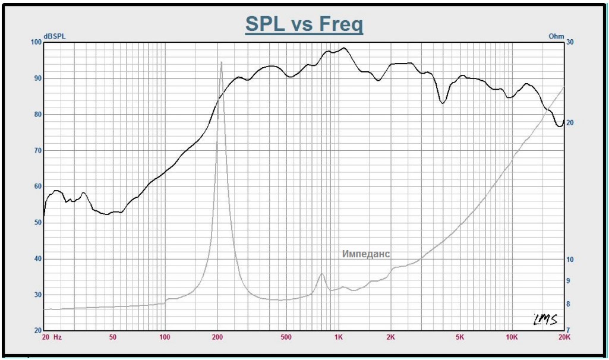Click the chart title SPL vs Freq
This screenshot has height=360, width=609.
click(x=304, y=24)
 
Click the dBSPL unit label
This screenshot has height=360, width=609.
click(x=54, y=37)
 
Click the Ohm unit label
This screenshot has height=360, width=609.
click(x=556, y=37)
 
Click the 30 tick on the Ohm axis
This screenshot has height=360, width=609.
click(x=570, y=42)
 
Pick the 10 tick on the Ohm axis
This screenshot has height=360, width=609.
click(x=570, y=260)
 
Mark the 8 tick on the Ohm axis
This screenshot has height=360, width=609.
click(x=568, y=304)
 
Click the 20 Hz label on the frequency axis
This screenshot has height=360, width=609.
click(x=52, y=337)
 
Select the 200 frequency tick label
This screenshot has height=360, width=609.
click(x=217, y=337)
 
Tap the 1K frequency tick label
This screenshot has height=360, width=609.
click(x=338, y=337)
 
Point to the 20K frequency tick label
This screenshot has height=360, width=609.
click(x=564, y=337)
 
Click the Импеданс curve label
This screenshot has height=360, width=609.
click(x=366, y=254)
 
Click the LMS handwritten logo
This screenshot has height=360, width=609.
click(x=545, y=320)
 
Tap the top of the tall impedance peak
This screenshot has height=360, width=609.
click(x=222, y=62)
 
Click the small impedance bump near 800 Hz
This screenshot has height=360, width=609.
click(x=322, y=274)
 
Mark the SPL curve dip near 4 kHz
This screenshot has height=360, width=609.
click(x=442, y=103)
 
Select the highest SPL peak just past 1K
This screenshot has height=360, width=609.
click(x=344, y=48)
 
